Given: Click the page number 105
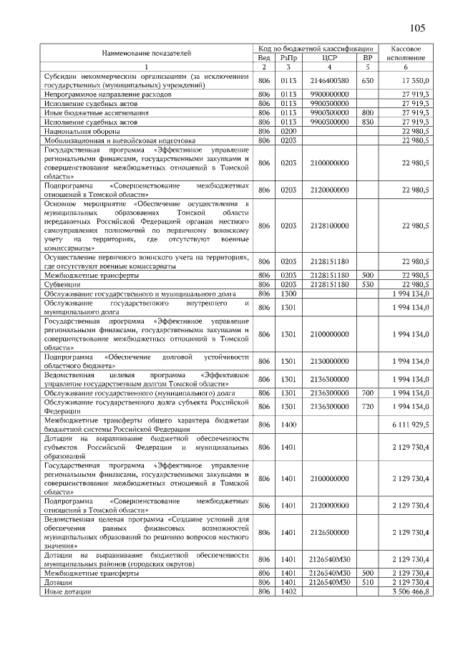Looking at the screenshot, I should [417, 28].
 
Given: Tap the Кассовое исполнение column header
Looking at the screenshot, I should [406, 52].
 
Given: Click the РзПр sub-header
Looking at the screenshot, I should [288, 57].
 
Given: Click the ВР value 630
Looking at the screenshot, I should [368, 80].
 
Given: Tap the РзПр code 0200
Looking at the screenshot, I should [288, 131].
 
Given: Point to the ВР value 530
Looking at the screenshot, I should [368, 284].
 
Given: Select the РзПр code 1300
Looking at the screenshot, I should [288, 293].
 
